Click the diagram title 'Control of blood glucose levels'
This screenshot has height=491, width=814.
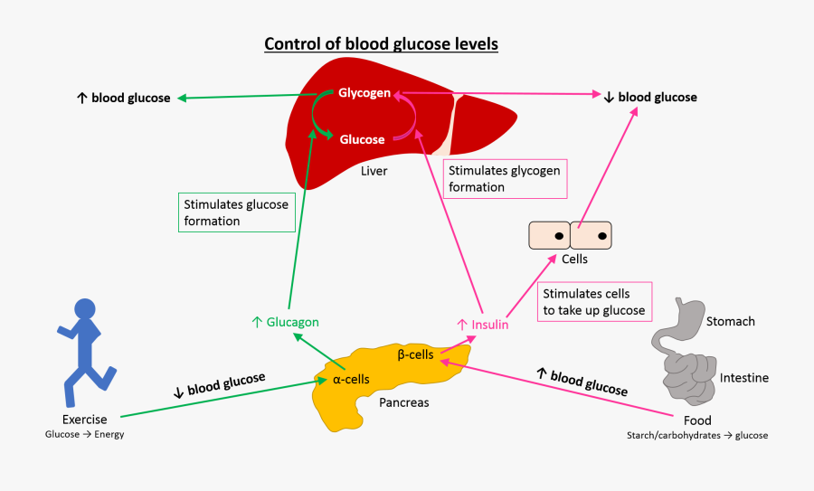pyautogui.click(x=381, y=44)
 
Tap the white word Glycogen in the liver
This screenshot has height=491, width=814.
pyautogui.click(x=364, y=93)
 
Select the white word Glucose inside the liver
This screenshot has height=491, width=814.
pyautogui.click(x=362, y=139)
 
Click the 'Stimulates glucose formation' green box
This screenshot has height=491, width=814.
pyautogui.click(x=237, y=212)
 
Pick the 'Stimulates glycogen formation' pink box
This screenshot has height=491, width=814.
pyautogui.click(x=505, y=178)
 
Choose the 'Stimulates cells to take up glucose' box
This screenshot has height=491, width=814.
pyautogui.click(x=594, y=301)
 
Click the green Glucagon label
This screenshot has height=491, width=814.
pyautogui.click(x=285, y=322)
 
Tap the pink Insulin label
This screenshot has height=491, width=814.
pyautogui.click(x=483, y=325)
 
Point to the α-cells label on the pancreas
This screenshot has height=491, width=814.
pyautogui.click(x=351, y=380)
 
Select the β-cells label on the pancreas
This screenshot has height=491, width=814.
pyautogui.click(x=415, y=354)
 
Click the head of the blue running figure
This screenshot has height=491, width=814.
pyautogui.click(x=85, y=309)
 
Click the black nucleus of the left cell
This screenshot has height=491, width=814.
pyautogui.click(x=559, y=236)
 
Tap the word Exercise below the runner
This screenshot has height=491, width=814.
pyautogui.click(x=85, y=420)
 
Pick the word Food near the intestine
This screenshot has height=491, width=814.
pyautogui.click(x=697, y=420)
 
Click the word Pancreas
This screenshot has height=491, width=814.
pyautogui.click(x=404, y=402)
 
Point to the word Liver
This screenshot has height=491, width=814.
pyautogui.click(x=374, y=171)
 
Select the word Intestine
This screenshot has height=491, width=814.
pyautogui.click(x=744, y=378)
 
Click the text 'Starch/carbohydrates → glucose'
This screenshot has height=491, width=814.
pyautogui.click(x=697, y=436)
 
